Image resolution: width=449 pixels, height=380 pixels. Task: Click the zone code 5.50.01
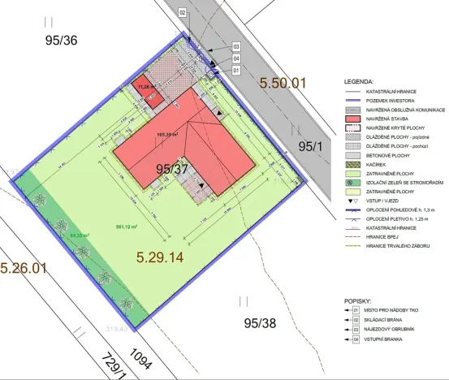[285, 82]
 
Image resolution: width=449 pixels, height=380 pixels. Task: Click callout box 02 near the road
[183, 13]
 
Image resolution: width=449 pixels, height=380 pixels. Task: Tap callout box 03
[236, 47]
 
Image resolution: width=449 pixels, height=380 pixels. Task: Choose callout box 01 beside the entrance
[236, 71]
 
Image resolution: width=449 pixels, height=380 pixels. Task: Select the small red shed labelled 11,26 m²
[145, 88]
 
